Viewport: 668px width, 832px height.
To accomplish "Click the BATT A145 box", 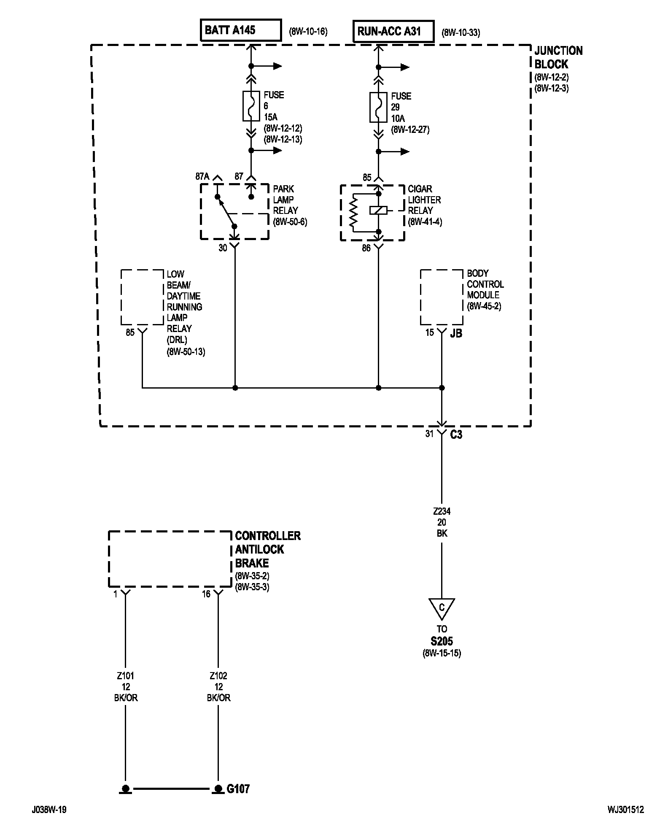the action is [241, 30].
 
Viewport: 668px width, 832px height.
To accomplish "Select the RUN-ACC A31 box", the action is [393, 31].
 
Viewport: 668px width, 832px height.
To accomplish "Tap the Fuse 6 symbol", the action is [251, 106].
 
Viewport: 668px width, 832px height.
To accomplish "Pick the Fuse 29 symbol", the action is [378, 107].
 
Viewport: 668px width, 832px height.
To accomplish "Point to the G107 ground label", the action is [238, 789].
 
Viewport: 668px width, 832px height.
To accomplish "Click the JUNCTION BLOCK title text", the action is [558, 57].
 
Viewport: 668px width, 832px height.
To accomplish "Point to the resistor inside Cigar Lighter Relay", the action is [353, 213].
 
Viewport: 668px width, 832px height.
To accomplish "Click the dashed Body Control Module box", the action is [441, 297].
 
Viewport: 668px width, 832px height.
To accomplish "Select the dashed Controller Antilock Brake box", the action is [170, 559].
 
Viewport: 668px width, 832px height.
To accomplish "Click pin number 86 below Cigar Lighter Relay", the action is [366, 248].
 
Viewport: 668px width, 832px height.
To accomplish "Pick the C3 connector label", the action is [456, 435].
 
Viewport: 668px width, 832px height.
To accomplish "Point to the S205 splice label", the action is [442, 641].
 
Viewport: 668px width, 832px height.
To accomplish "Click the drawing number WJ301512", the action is [626, 810].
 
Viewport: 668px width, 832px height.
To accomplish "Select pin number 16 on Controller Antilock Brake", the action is [206, 594].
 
